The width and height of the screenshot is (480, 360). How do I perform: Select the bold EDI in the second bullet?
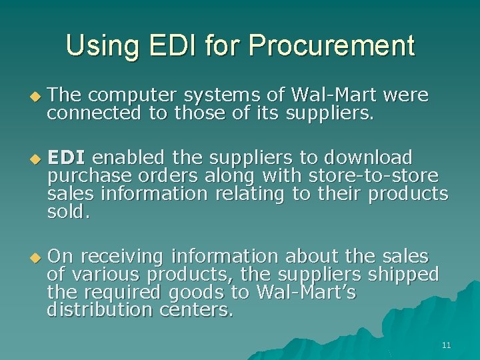[67, 157]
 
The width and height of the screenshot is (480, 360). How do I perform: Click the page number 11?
[446, 345]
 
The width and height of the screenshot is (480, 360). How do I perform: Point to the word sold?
[68, 212]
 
